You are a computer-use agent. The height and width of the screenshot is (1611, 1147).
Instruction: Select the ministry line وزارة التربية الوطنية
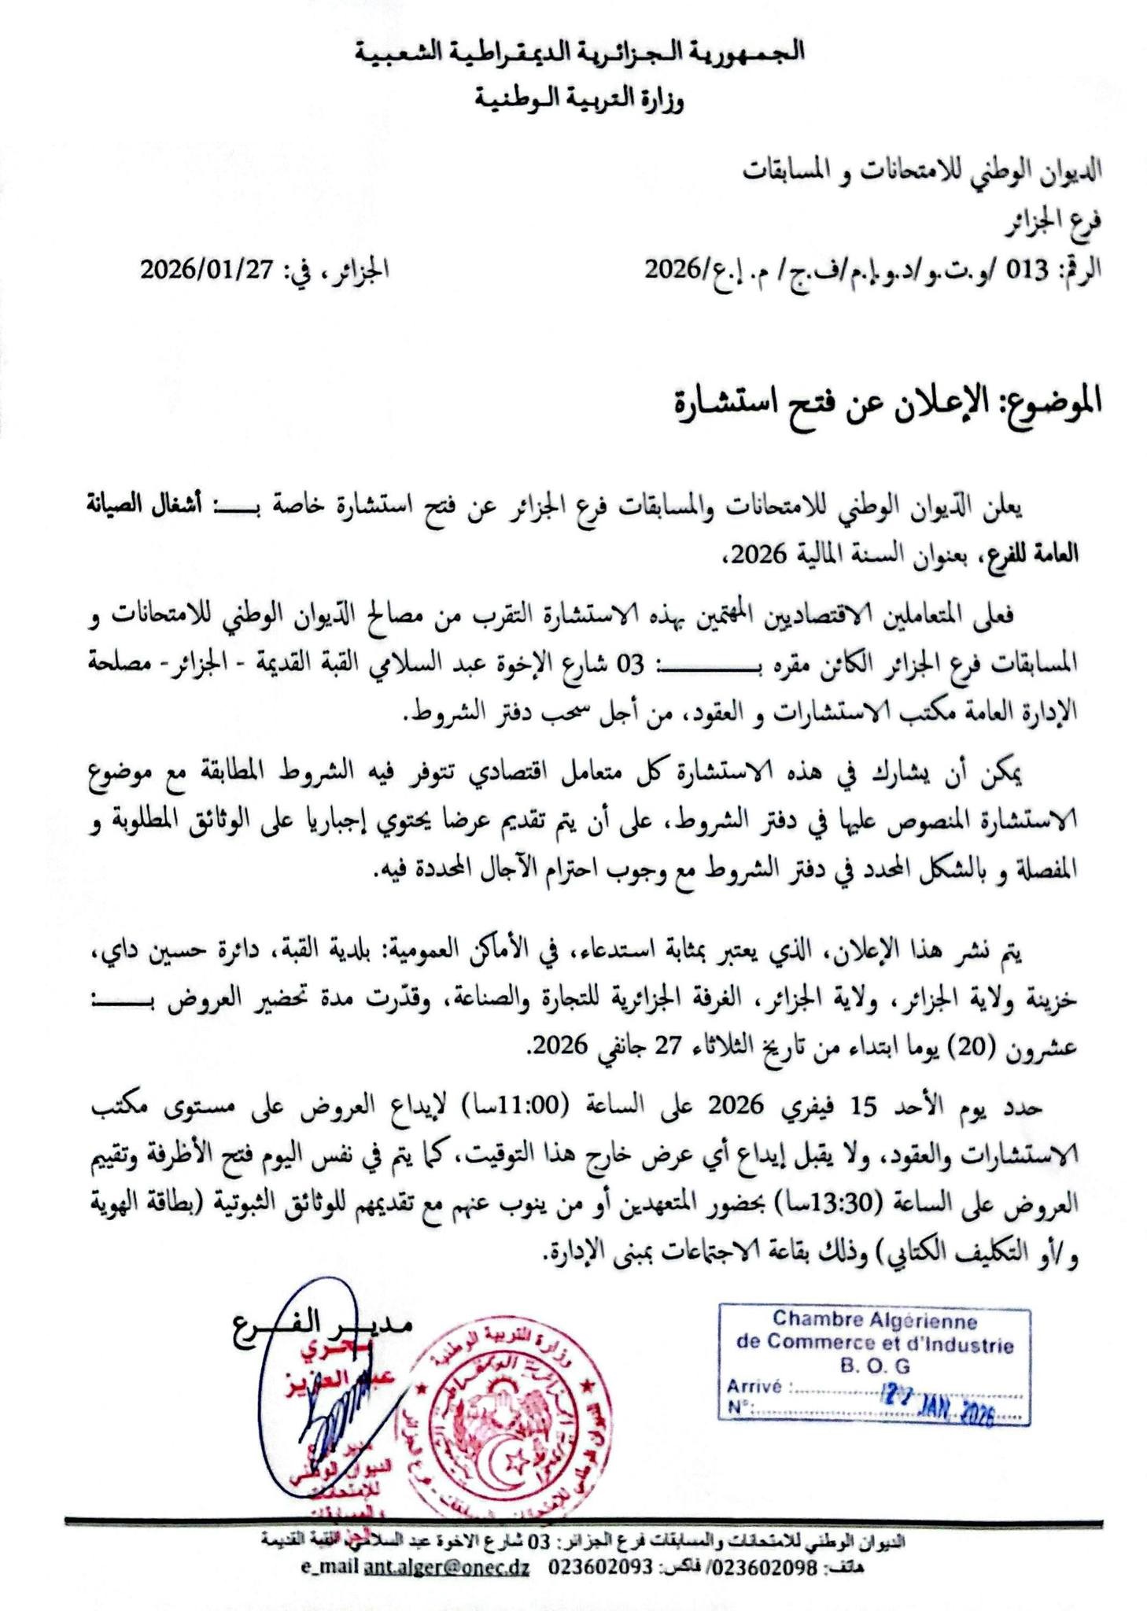click(579, 100)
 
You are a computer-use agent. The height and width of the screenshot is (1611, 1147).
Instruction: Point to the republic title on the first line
click(579, 53)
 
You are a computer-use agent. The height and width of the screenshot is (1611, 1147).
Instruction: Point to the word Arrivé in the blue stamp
click(754, 1387)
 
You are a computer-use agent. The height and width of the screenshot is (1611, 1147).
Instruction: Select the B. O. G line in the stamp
click(874, 1368)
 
